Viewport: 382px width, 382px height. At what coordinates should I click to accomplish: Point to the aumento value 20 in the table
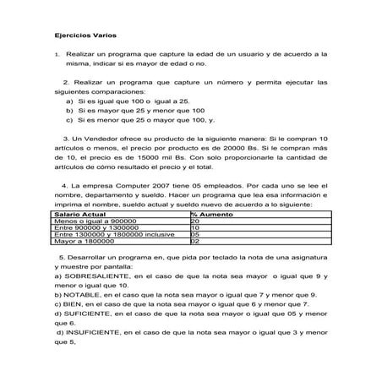tap(194, 221)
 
